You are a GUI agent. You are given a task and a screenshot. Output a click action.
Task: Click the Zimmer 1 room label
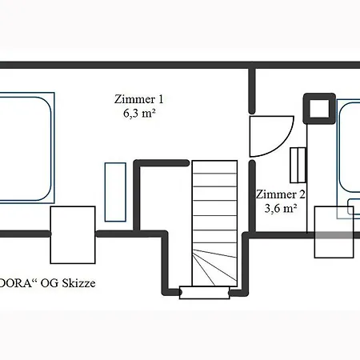pyautogui.click(x=138, y=99)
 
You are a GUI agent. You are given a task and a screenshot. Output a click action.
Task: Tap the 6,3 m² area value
pyautogui.click(x=138, y=114)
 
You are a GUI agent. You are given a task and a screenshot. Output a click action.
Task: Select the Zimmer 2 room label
pyautogui.click(x=280, y=194)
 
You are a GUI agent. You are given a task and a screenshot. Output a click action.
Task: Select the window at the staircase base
pyautogui.click(x=205, y=292)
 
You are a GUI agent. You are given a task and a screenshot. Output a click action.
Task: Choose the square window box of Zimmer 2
pyautogui.click(x=334, y=233)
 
